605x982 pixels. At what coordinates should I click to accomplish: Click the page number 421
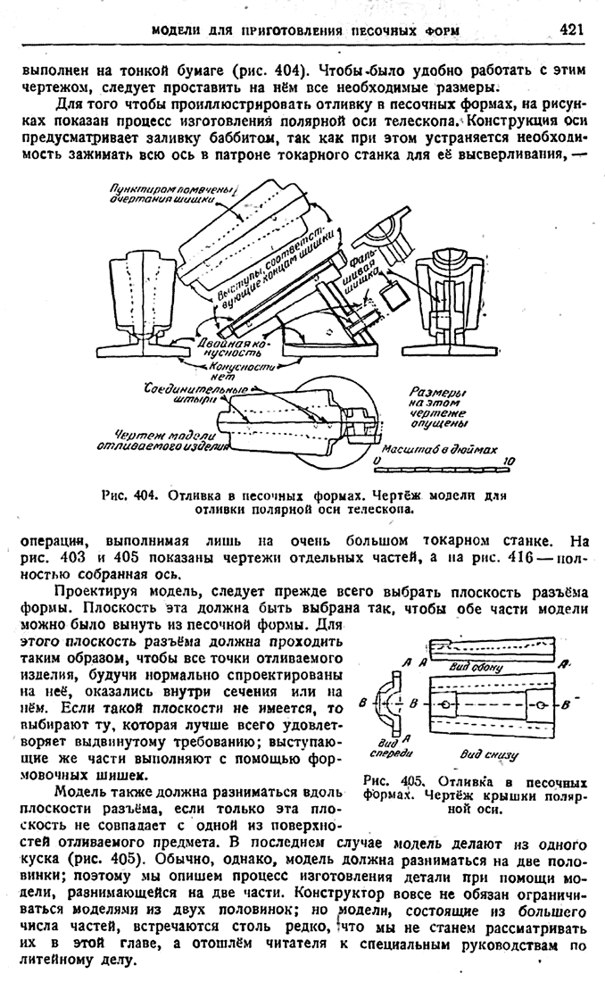[572, 29]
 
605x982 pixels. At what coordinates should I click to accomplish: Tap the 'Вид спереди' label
[387, 748]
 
